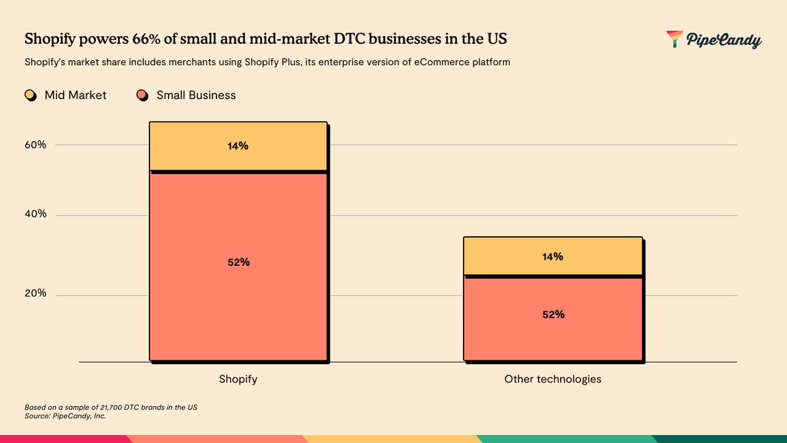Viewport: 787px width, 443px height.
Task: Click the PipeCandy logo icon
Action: pos(674,39)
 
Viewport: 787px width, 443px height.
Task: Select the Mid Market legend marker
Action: pos(30,95)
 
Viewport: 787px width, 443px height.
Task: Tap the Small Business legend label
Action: pos(195,95)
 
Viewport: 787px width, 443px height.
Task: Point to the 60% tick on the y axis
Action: pos(35,145)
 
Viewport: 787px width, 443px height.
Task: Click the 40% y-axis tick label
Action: pos(35,215)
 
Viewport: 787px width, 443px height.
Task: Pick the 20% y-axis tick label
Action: pos(35,293)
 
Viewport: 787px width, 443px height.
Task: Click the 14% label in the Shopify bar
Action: pos(237,146)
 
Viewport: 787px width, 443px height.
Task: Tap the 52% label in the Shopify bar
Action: pos(239,262)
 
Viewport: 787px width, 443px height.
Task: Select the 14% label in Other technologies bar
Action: pos(552,257)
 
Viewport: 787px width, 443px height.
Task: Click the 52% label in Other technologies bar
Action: pos(553,314)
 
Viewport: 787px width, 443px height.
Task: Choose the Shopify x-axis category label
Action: pos(238,379)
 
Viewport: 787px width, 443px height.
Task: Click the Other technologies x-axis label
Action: pos(552,379)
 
